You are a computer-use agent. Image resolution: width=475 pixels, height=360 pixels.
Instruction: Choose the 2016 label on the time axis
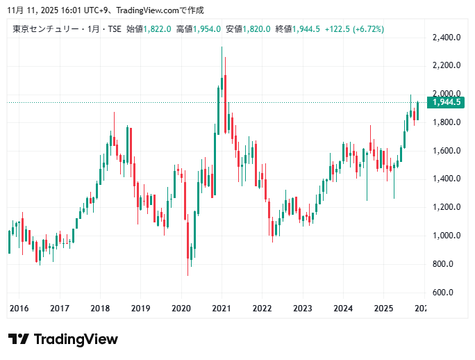click(19, 308)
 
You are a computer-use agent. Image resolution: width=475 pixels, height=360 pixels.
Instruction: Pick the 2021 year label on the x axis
click(222, 308)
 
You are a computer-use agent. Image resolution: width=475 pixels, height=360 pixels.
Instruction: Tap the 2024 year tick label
click(342, 308)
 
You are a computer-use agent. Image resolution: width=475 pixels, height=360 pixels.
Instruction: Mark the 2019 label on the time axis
click(140, 308)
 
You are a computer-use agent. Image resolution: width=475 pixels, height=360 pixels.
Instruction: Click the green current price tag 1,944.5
click(446, 102)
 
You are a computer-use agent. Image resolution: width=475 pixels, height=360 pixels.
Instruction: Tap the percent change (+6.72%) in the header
click(368, 28)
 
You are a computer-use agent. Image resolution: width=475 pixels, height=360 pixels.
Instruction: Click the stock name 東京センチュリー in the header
click(44, 28)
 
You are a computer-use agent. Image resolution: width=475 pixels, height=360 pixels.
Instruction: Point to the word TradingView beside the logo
click(76, 339)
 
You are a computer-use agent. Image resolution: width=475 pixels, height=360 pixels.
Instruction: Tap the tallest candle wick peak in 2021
click(222, 47)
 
